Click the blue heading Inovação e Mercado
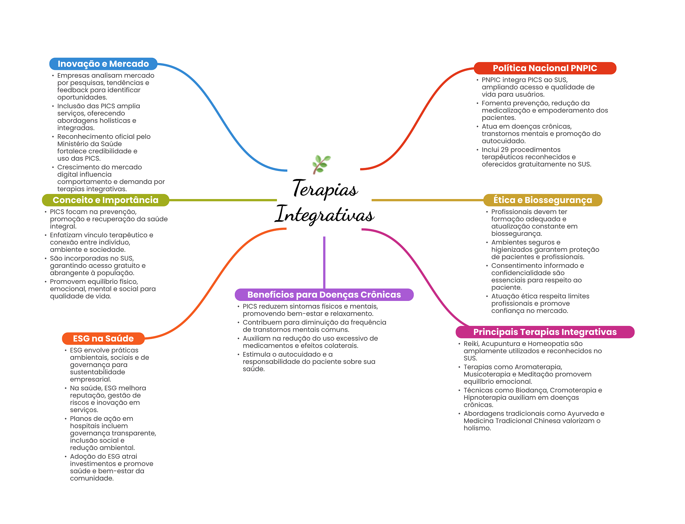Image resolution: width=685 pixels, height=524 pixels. click(103, 64)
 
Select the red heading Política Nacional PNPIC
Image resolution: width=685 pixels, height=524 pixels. click(545, 68)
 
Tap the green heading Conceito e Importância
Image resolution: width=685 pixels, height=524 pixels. click(105, 200)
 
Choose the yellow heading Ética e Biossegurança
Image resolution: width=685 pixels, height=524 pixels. click(543, 200)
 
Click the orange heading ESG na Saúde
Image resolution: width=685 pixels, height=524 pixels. click(103, 339)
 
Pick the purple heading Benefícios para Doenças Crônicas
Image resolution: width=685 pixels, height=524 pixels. click(324, 295)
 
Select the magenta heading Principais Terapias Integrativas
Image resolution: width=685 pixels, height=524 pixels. click(545, 332)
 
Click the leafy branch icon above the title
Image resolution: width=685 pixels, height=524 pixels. click(321, 164)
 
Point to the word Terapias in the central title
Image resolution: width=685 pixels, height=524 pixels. click(325, 189)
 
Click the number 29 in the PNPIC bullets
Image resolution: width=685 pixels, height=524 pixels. click(504, 150)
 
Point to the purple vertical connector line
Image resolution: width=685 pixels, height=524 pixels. click(324, 262)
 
